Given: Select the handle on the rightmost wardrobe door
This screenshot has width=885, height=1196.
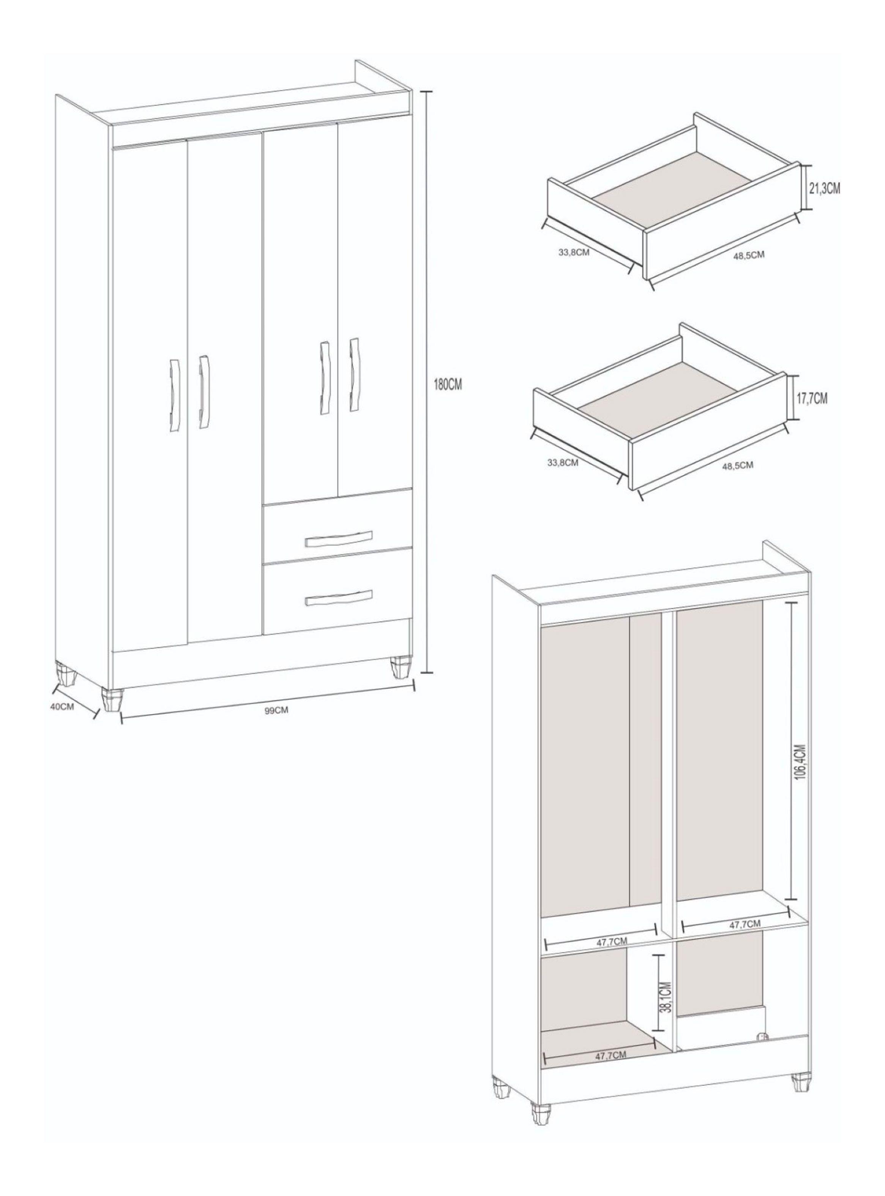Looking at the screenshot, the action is click(x=353, y=374).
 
